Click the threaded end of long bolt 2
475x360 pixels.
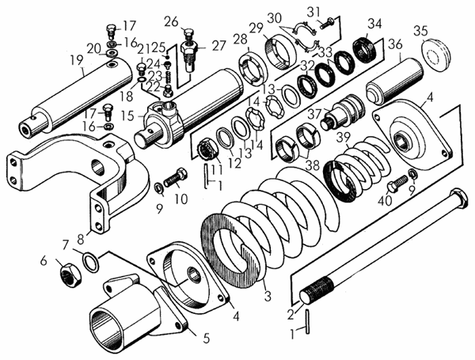316,294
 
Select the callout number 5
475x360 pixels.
206,338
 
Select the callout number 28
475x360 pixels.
240,40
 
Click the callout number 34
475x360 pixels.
374,23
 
